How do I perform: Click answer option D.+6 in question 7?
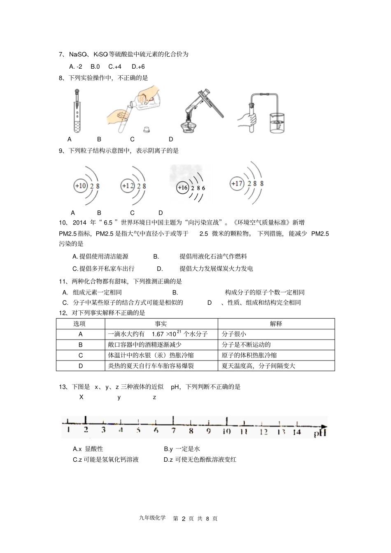(x=138, y=67)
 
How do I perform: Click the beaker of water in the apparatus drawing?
(x=278, y=121)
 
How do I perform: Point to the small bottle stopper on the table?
(x=146, y=129)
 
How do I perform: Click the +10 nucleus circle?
(x=81, y=186)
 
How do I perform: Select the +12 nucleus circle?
(x=128, y=186)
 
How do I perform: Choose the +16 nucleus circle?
(x=182, y=188)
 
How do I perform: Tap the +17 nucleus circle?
(x=237, y=183)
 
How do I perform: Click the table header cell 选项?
(x=80, y=324)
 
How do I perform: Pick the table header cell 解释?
(x=276, y=324)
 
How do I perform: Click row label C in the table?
(x=80, y=355)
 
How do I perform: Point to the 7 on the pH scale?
(x=174, y=431)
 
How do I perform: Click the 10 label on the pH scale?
(x=226, y=431)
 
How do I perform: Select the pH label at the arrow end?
(x=320, y=433)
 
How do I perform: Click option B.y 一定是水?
(x=182, y=449)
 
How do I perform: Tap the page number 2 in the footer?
(x=184, y=518)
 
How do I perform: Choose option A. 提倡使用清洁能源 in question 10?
(x=100, y=257)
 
